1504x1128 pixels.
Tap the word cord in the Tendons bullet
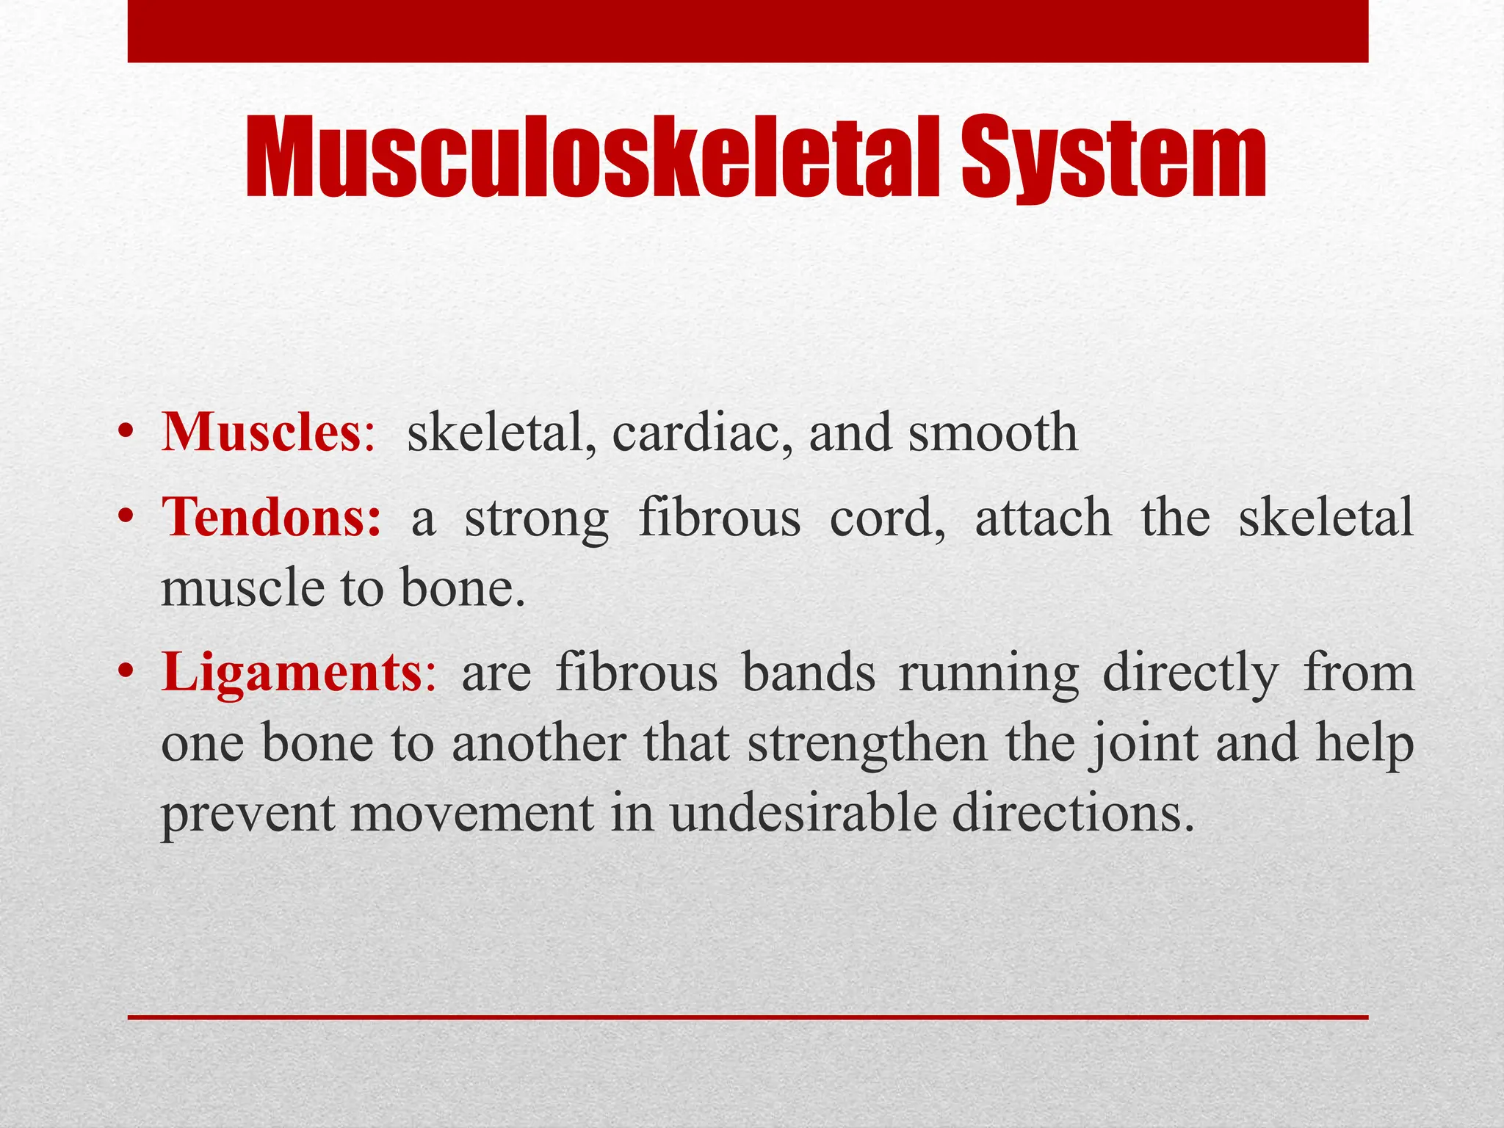(x=886, y=518)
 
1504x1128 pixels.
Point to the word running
(x=988, y=674)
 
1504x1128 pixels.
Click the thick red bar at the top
(x=748, y=31)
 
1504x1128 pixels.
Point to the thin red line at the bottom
(x=748, y=1017)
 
